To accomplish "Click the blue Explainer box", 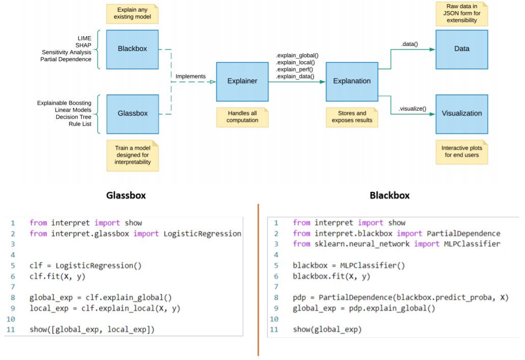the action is (242, 82).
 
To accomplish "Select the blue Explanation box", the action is (352, 82).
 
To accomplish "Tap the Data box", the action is (462, 49).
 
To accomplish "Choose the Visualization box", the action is (462, 114).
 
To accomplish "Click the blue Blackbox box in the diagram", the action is (132, 49).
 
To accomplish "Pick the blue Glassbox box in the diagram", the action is (133, 114).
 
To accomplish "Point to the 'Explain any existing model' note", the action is (132, 14).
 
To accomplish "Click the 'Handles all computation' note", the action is (242, 117).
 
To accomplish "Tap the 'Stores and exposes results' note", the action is (352, 117).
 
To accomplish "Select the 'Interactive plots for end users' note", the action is (462, 152).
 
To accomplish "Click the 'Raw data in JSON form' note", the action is (462, 14).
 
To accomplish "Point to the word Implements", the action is (191, 76).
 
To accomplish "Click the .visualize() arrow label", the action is (412, 109).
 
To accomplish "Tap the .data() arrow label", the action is (409, 44).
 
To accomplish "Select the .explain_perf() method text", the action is (294, 69).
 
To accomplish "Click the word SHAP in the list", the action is (84, 45).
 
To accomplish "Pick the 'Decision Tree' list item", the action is (73, 117).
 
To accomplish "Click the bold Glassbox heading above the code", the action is (126, 195).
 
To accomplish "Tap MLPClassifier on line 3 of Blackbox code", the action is (472, 244).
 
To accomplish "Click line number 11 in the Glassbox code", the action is (11, 329).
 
